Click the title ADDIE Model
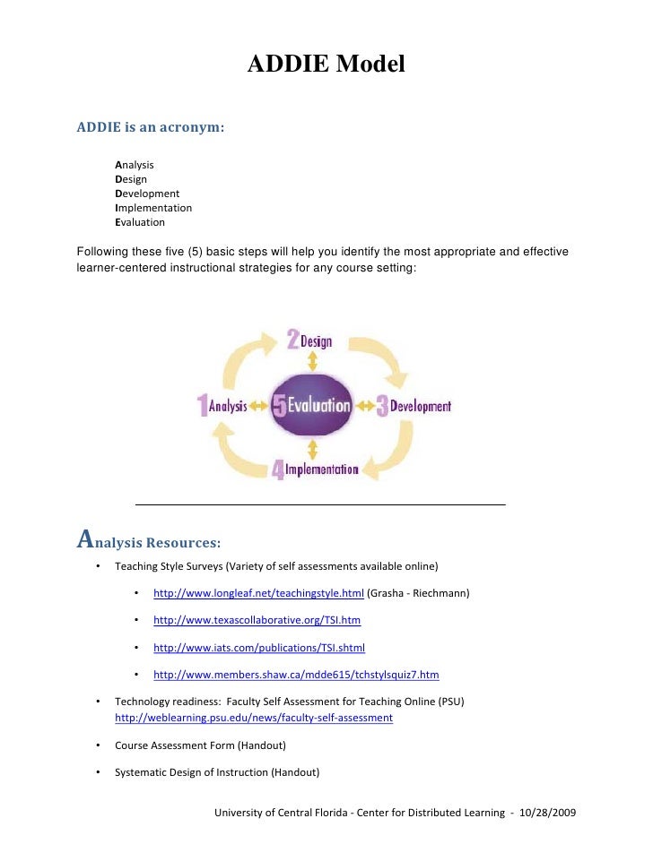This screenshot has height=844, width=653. point(326,65)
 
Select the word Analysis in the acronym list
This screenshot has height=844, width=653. point(135,165)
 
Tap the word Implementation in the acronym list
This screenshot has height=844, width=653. point(153,208)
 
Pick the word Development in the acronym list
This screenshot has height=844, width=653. point(147,194)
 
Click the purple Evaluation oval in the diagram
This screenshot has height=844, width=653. point(311,405)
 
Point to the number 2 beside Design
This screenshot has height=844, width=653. point(292,340)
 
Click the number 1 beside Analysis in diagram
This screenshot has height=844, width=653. point(203,406)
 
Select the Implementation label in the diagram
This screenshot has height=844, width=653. point(321,469)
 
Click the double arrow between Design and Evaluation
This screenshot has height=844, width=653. point(311,360)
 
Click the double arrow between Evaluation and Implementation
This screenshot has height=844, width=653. point(311,448)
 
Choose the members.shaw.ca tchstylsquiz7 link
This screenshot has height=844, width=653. point(296,675)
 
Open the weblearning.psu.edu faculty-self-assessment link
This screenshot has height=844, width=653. point(254,718)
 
